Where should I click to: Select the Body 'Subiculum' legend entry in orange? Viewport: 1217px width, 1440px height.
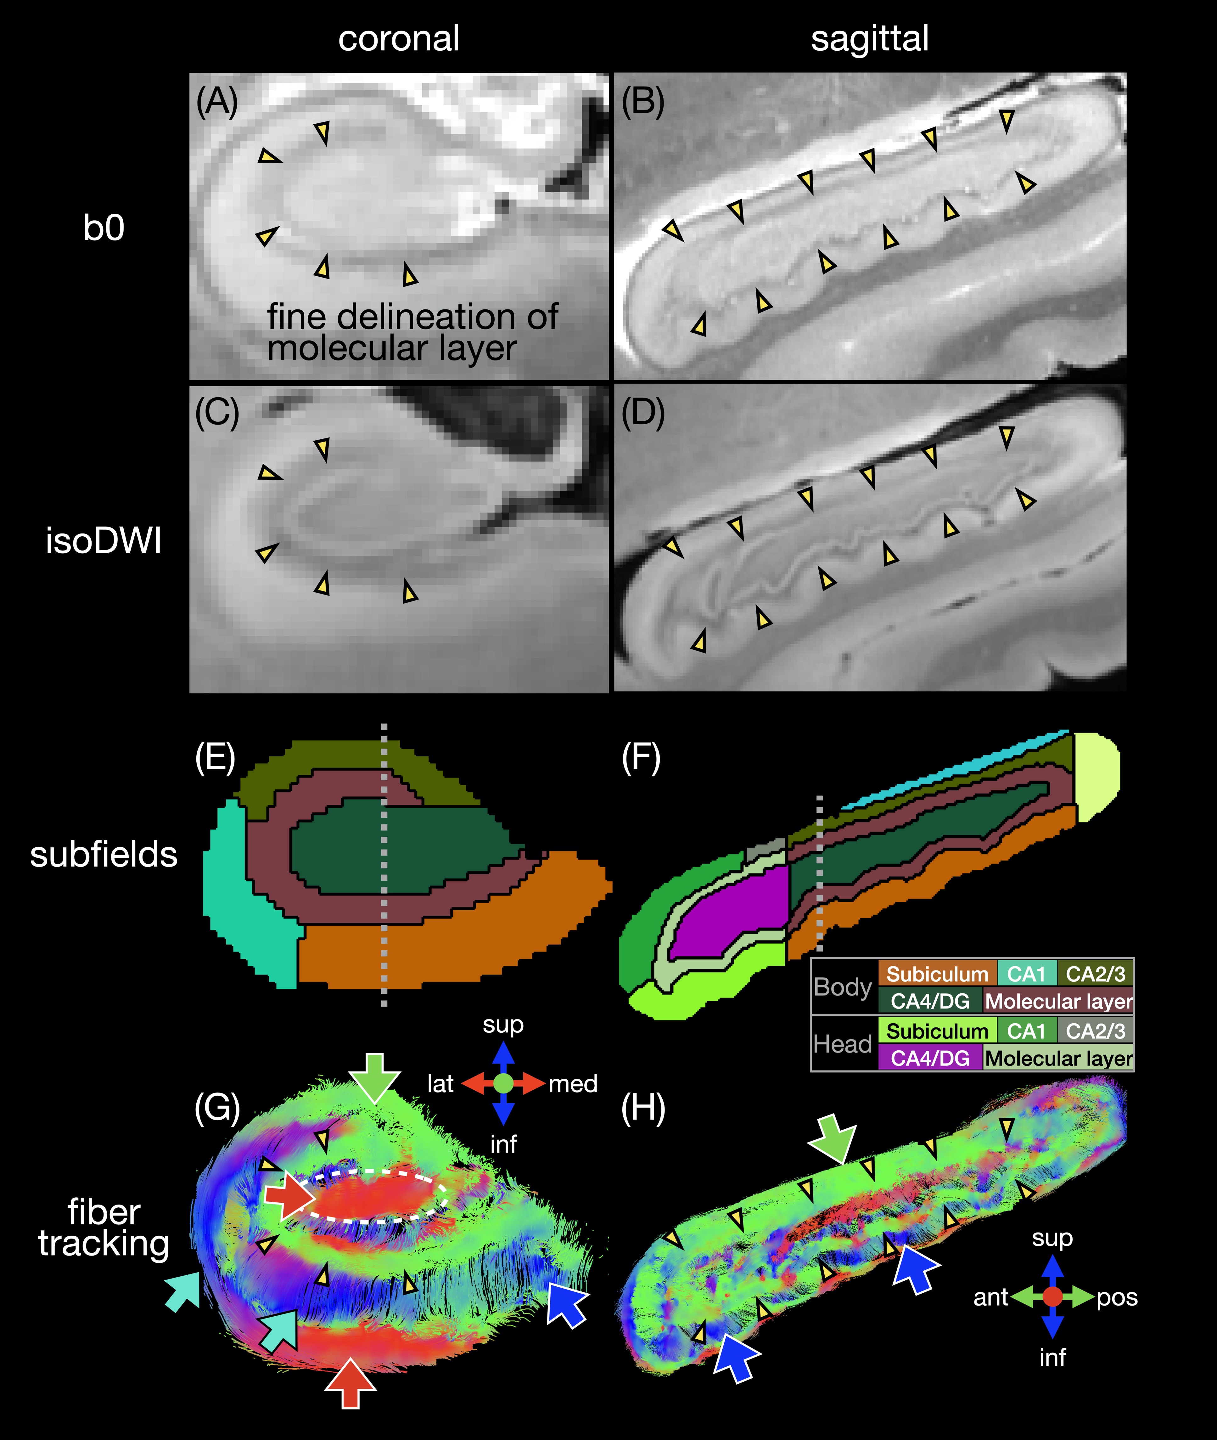pos(937,974)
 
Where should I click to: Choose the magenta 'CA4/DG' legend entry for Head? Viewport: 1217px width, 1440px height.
pos(930,1058)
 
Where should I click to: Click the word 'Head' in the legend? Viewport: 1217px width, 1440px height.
pos(842,1044)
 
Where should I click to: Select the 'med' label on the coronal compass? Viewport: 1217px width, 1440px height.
pos(573,1084)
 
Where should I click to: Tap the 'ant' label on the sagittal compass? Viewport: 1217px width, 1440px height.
pos(991,1297)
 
